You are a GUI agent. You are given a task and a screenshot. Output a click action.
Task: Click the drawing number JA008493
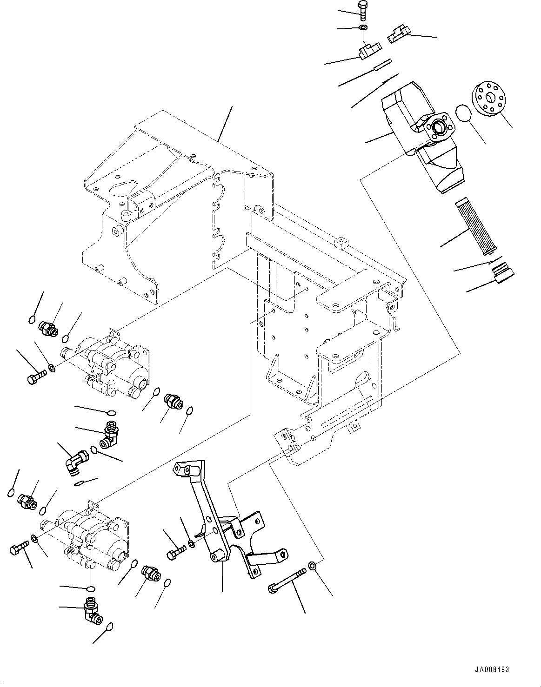pos(493,670)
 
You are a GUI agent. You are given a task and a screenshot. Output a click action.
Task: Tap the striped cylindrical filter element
pos(472,227)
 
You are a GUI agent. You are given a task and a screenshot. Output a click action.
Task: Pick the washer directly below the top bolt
pos(363,28)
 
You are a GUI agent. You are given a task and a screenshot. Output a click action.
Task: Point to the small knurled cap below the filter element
pos(503,273)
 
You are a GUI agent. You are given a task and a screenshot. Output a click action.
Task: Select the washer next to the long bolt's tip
pos(313,566)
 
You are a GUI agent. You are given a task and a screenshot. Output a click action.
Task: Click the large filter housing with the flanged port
pos(421,135)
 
